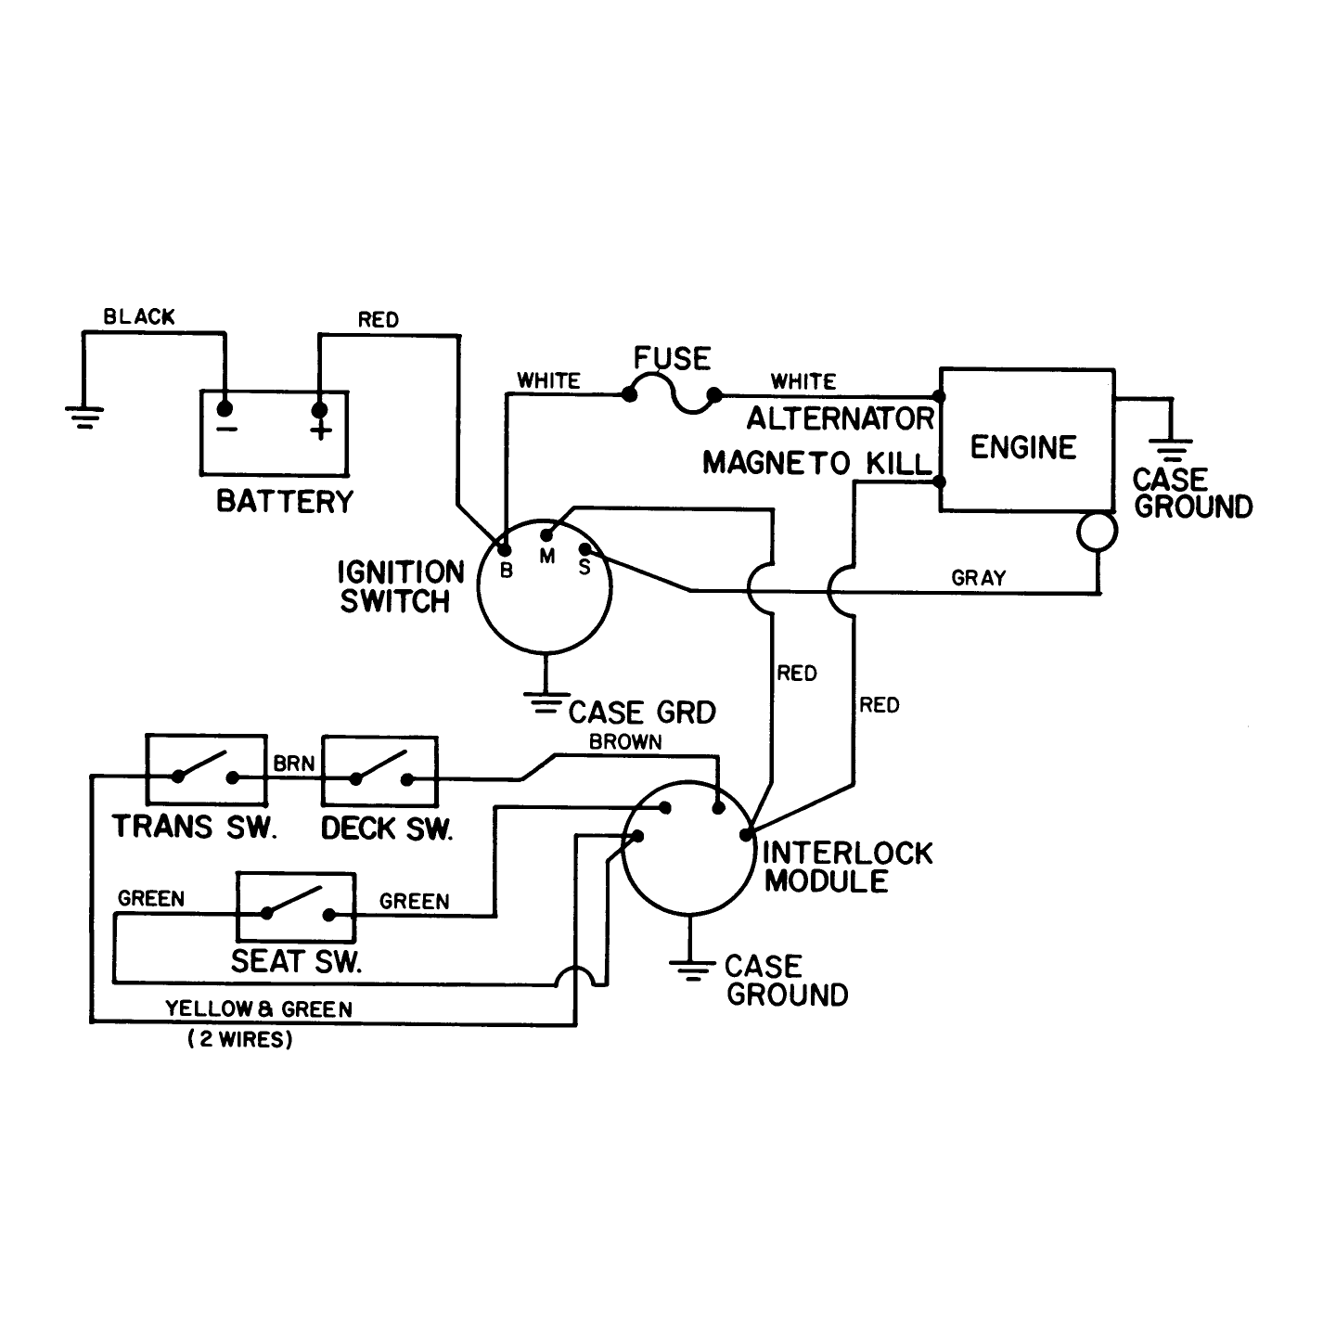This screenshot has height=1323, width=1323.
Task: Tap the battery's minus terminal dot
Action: [225, 408]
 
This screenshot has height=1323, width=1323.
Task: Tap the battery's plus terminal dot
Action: [319, 410]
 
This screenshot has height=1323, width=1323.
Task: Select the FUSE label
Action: [672, 358]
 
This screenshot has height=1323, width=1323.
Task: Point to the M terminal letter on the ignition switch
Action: [546, 556]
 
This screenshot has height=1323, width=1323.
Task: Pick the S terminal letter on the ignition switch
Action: [584, 568]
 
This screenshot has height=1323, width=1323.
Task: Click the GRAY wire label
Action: [979, 578]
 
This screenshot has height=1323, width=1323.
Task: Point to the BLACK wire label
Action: [139, 316]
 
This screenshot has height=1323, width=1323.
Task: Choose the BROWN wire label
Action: [625, 741]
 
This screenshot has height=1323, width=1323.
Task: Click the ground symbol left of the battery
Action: [83, 417]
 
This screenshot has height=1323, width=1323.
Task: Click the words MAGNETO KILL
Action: [817, 464]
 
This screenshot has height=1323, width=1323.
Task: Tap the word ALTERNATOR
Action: [841, 418]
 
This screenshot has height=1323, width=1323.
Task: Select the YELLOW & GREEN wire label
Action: [259, 1008]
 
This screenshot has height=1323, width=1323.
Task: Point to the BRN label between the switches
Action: [294, 764]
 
